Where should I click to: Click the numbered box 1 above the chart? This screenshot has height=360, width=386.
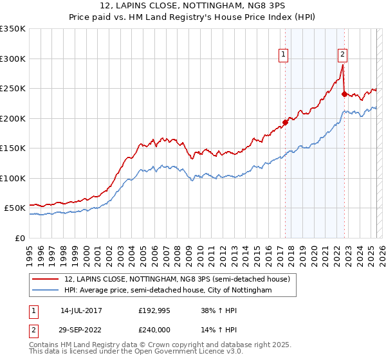pos(283,55)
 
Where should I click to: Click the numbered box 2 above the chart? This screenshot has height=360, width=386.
pos(343,55)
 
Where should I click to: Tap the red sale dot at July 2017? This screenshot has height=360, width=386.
pos(285,123)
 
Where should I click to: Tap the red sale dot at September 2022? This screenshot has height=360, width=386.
pos(344,94)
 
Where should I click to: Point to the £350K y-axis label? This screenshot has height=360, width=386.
pos(13,29)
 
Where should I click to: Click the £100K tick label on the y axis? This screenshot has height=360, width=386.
pos(13,178)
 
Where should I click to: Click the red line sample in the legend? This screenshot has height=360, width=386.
pos(45,279)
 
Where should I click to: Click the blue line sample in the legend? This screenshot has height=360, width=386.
pos(45,291)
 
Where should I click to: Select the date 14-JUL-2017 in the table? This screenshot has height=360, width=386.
pos(81,310)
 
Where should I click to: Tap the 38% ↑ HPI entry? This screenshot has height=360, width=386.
pos(219,310)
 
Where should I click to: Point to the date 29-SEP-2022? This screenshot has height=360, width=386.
pos(81,330)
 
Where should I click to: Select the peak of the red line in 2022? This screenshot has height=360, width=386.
pos(342,65)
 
